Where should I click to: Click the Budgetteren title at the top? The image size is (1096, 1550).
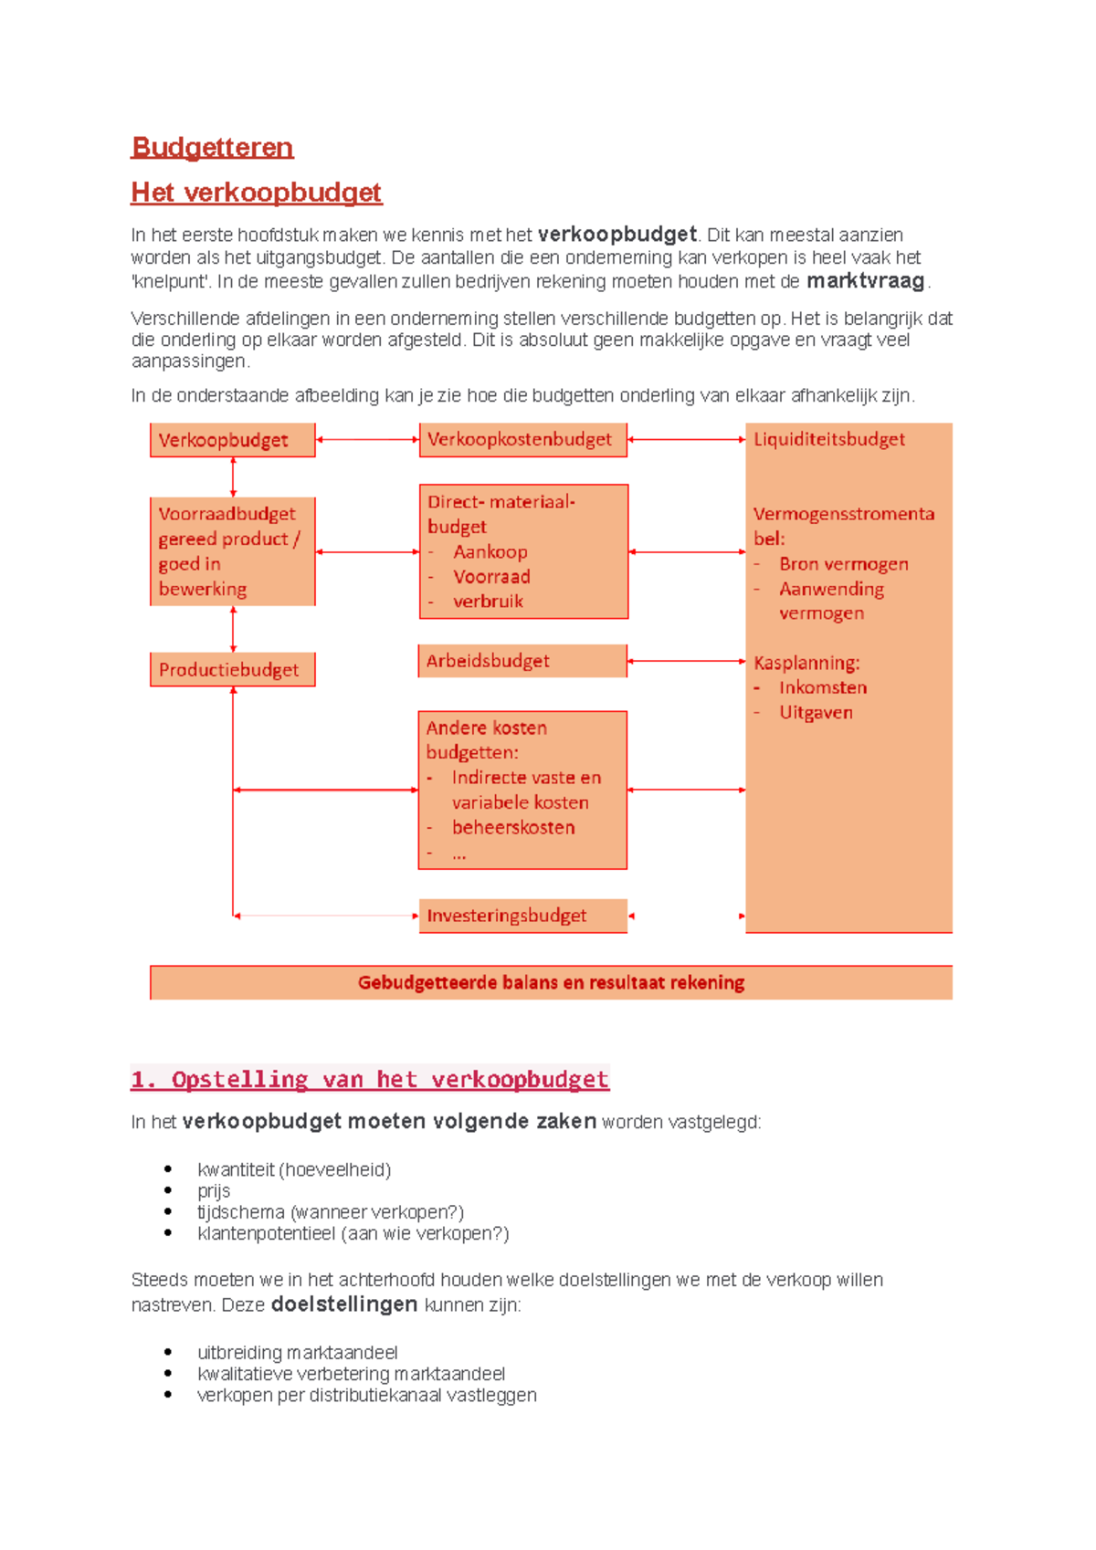[x=212, y=147]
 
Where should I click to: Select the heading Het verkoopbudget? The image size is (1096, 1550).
[x=256, y=192]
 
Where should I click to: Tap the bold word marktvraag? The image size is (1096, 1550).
[x=865, y=281]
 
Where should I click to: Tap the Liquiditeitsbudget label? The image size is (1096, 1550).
[x=828, y=439]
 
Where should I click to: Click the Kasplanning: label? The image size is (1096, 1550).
[x=806, y=663]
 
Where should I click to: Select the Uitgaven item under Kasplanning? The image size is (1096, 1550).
[x=816, y=712]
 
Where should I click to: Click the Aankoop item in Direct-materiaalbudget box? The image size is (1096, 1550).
[x=490, y=551]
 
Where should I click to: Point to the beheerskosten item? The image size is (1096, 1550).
[x=513, y=827]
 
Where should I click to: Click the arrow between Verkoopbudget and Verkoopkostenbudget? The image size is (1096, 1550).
[x=367, y=440]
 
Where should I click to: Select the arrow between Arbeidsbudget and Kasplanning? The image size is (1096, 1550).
[x=686, y=661]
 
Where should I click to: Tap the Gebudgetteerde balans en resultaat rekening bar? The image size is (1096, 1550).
[x=551, y=982]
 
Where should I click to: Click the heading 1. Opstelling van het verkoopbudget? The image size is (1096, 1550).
[x=369, y=1079]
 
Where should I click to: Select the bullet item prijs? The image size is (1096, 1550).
[x=214, y=1190]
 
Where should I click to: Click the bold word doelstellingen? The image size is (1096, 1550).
[x=344, y=1304]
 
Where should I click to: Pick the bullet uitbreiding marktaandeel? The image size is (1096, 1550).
[x=297, y=1352]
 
